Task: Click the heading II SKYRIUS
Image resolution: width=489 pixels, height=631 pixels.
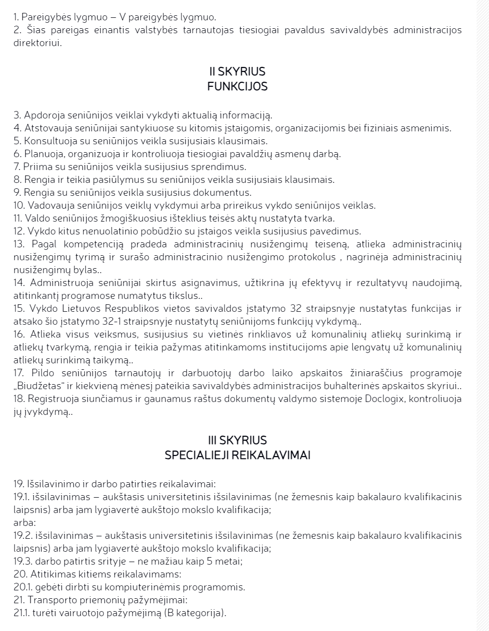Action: coord(237,72)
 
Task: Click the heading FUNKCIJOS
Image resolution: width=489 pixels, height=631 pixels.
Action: coord(237,86)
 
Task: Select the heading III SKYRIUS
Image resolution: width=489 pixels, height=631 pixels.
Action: coord(237,440)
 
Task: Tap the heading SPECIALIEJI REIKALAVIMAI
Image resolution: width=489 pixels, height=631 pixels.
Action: coord(237,455)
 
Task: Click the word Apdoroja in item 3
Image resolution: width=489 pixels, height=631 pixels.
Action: coord(42,115)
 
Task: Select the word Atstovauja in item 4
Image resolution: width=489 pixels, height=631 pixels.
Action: coord(46,128)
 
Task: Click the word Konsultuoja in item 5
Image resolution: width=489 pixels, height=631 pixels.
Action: coord(48,141)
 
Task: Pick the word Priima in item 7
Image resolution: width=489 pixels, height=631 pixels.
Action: coord(35,167)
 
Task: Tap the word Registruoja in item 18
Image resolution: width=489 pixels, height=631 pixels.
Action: coord(51,399)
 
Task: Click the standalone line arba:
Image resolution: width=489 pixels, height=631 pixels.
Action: coord(24,522)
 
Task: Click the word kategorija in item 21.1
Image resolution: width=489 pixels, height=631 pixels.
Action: coord(199,613)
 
